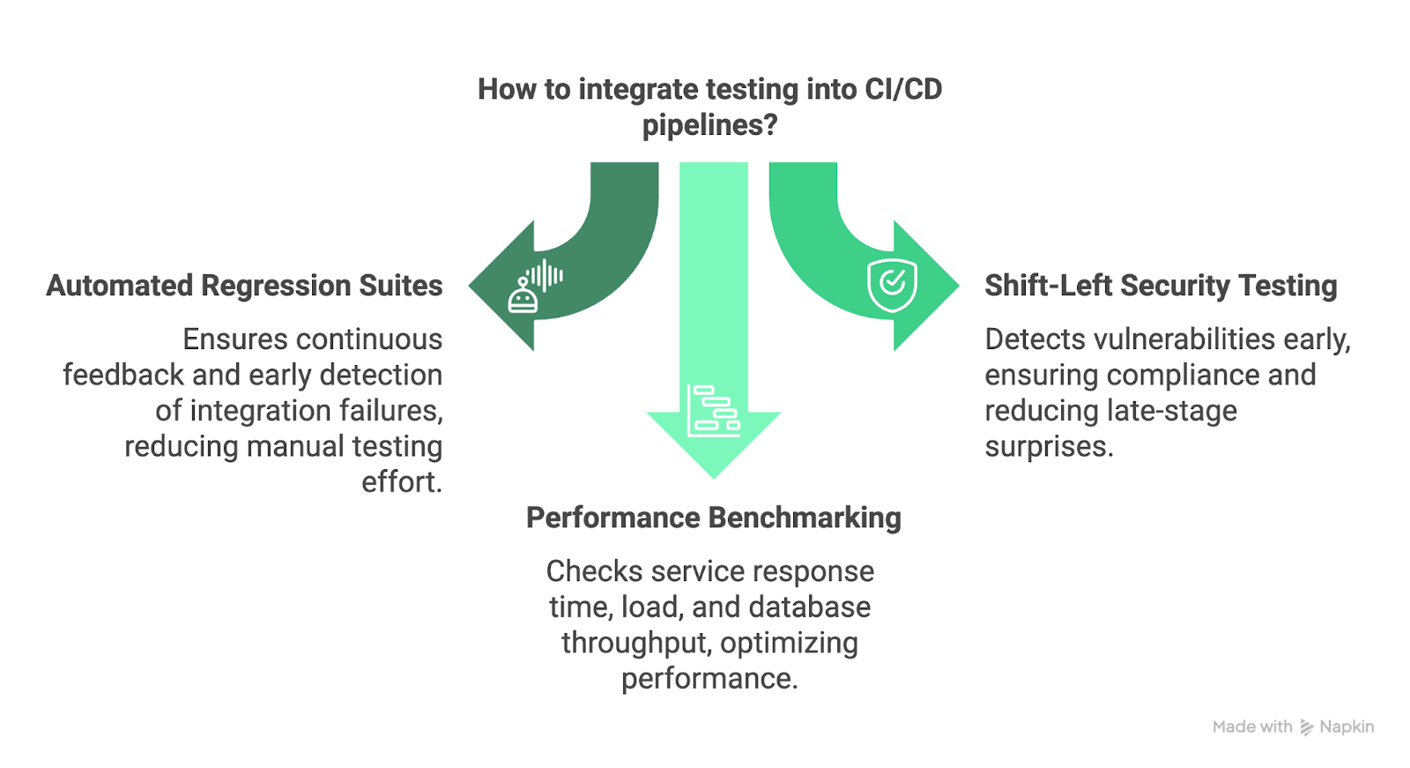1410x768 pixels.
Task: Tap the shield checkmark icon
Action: coord(892,284)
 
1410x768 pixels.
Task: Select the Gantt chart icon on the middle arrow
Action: coord(713,411)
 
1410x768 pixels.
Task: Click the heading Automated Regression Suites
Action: coord(244,286)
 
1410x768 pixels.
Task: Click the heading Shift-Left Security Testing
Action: coord(1160,286)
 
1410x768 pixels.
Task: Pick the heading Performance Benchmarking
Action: coord(713,518)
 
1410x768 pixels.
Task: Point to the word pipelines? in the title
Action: coord(709,125)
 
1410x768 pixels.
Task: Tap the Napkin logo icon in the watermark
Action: coord(1306,727)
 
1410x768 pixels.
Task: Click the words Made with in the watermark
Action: coord(1251,727)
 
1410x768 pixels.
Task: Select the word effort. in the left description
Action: coord(402,482)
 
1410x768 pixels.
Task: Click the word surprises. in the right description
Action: coord(1049,447)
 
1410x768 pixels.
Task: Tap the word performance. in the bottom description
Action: coord(709,679)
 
